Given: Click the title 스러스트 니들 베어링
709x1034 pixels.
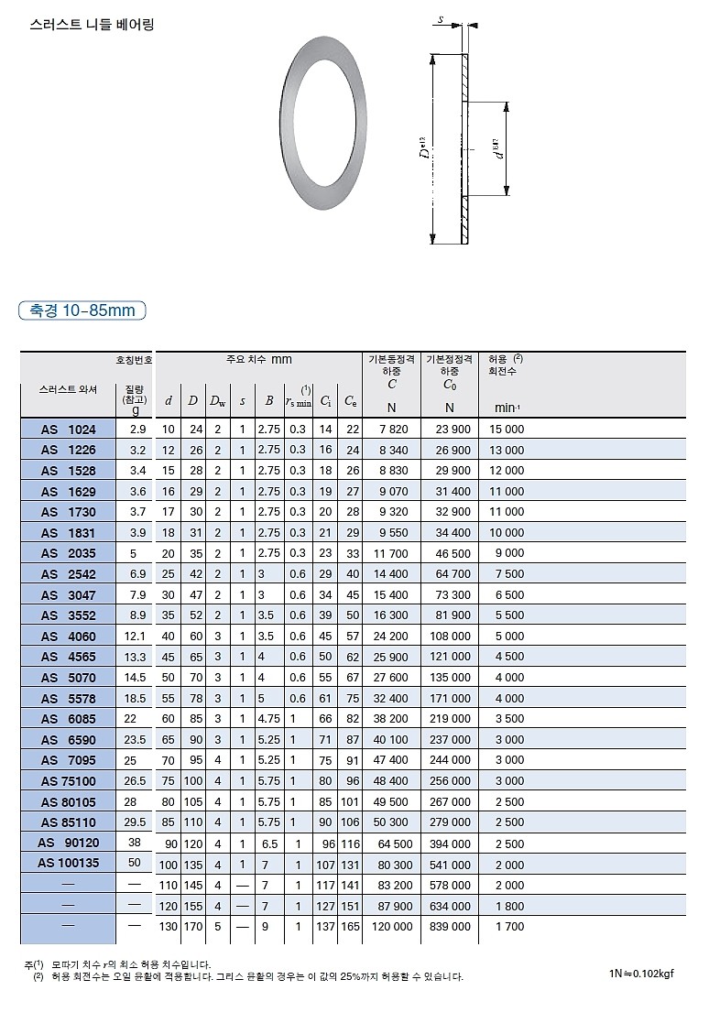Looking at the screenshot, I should pos(92,25).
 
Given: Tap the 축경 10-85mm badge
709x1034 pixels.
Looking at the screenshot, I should pos(82,310).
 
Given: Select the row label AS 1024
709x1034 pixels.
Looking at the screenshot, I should pos(68,429).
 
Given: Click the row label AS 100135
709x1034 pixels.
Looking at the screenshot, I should pos(68,863).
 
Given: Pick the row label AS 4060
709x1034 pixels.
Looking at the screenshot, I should pos(68,636).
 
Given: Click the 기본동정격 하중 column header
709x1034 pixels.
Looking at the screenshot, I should pos(391,365).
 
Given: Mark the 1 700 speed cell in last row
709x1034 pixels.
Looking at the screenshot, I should pos(510,926).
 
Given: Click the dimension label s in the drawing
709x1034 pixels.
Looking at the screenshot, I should pos(441,19).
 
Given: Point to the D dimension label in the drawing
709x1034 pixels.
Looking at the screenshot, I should pos(425,148).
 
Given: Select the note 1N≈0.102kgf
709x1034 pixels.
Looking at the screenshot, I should pos(640,973).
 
